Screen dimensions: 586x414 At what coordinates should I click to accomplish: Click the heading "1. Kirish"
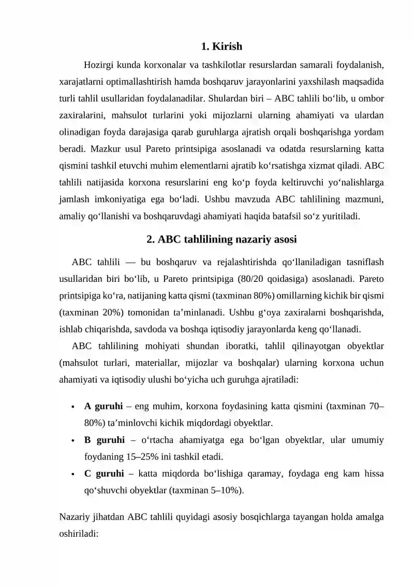click(221, 47)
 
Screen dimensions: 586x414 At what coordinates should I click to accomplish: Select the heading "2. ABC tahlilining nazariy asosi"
click(221, 239)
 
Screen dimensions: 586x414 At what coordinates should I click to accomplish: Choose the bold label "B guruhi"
click(104, 440)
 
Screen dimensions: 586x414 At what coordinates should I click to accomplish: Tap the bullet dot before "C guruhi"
click(74, 474)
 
